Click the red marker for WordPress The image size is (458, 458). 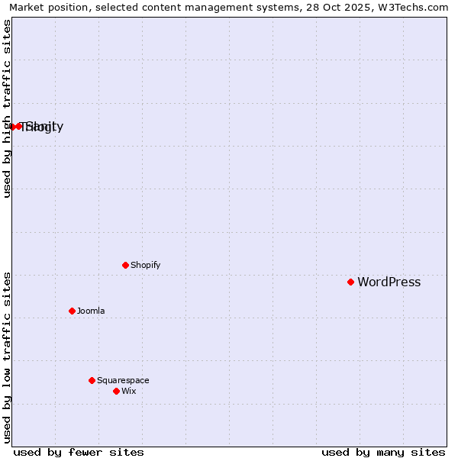point(350,282)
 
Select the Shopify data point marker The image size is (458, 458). point(126,265)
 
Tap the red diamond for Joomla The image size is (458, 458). point(72,311)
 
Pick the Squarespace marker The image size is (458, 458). point(92,380)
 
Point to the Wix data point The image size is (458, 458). point(116,391)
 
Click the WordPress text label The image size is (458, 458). point(389,282)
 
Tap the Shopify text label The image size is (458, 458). point(145,265)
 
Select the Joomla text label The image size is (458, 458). point(91,311)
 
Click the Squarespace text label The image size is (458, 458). point(123,380)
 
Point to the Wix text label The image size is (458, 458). point(128,391)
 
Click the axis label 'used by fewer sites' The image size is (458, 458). point(79,452)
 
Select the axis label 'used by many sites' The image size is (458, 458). point(383,452)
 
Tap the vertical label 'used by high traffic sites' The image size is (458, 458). point(7,108)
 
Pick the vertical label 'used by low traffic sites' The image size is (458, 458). point(7,357)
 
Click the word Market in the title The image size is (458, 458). point(28,7)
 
